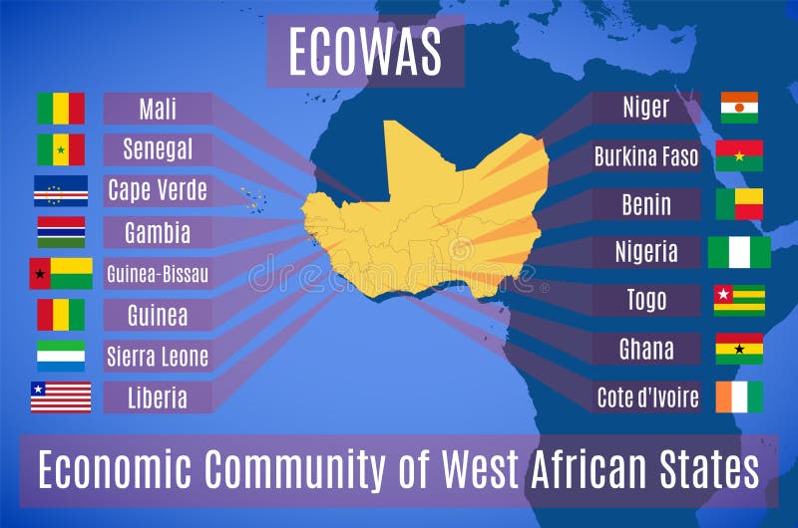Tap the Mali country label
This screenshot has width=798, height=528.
point(158,108)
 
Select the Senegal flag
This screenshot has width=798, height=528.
point(61,149)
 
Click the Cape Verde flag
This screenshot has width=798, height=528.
point(61,190)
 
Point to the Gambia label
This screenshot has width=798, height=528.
point(158,232)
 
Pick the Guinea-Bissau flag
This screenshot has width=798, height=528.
point(61,273)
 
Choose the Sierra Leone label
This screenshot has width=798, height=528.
point(158,356)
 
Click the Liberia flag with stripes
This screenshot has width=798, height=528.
point(61,396)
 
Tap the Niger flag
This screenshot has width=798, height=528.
point(739,108)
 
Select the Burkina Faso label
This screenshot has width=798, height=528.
point(646,156)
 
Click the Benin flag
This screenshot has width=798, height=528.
point(739,204)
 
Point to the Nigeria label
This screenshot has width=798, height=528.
point(646,252)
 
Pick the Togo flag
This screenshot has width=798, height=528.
point(739,300)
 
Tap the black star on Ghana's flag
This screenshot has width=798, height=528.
point(739,349)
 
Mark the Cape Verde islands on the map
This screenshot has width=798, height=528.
point(252,197)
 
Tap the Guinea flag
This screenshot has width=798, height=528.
point(61,315)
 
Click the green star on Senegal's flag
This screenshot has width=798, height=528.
point(61,150)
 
